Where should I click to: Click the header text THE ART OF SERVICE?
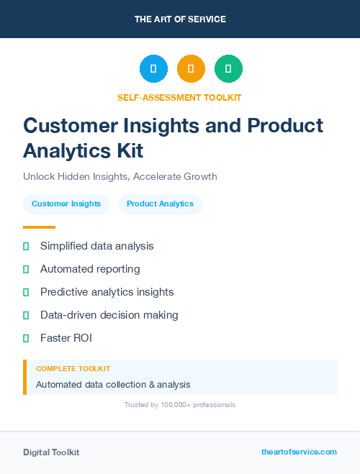pyautogui.click(x=180, y=19)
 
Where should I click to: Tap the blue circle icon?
pyautogui.click(x=153, y=69)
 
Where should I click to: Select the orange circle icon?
pyautogui.click(x=191, y=69)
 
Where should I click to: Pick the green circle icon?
pyautogui.click(x=228, y=69)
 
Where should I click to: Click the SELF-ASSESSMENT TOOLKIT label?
pyautogui.click(x=179, y=97)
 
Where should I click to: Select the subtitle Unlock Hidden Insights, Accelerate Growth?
pyautogui.click(x=120, y=176)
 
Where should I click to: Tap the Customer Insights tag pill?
pyautogui.click(x=66, y=204)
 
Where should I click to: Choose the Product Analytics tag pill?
pyautogui.click(x=160, y=204)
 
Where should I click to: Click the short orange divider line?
pyautogui.click(x=34, y=227)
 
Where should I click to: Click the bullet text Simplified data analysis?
pyautogui.click(x=96, y=246)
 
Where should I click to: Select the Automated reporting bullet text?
pyautogui.click(x=90, y=269)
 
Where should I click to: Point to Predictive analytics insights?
pyautogui.click(x=107, y=292)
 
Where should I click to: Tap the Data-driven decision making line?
pyautogui.click(x=109, y=315)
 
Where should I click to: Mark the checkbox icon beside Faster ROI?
pyautogui.click(x=26, y=338)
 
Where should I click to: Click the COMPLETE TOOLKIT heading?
pyautogui.click(x=73, y=369)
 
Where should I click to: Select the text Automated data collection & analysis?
pyautogui.click(x=113, y=385)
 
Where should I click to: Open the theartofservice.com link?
pyautogui.click(x=299, y=452)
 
